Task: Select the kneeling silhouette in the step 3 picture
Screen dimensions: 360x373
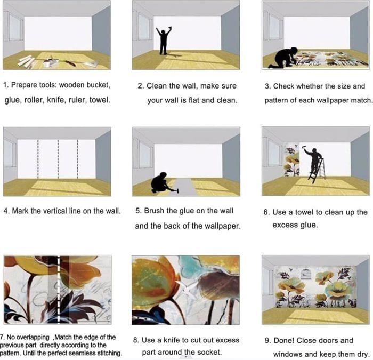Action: click(282, 58)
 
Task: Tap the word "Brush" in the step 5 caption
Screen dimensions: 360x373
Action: click(155, 211)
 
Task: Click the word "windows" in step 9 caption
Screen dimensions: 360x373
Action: click(288, 355)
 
